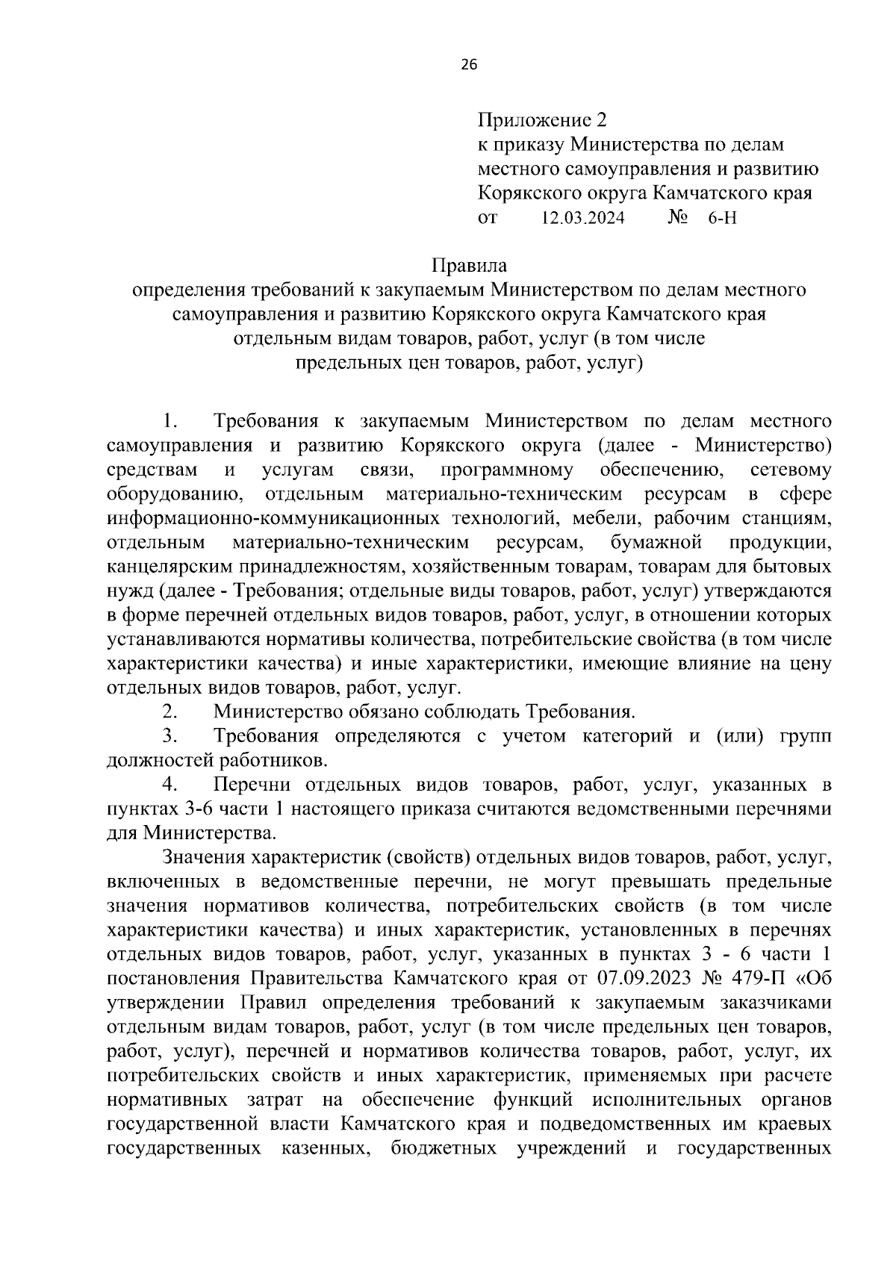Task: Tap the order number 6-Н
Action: (721, 219)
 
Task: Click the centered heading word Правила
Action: (469, 265)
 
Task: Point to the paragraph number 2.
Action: (169, 712)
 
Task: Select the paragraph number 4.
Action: (169, 785)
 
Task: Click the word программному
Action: (507, 470)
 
